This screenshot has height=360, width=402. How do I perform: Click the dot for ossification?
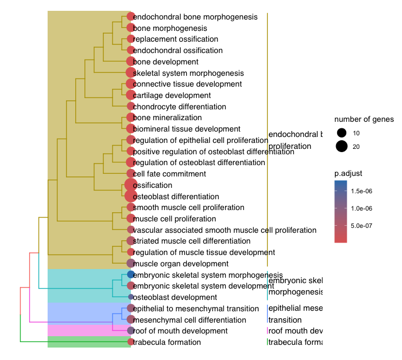click(x=130, y=185)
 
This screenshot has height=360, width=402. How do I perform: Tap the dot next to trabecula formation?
click(x=130, y=342)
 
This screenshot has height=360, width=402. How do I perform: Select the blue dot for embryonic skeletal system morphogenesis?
click(x=130, y=275)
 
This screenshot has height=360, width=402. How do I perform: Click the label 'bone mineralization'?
click(x=167, y=117)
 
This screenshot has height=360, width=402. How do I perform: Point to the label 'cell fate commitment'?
click(x=169, y=174)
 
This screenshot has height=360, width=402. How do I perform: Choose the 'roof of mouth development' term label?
click(x=180, y=331)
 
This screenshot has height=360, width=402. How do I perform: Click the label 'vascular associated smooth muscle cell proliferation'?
click(x=225, y=230)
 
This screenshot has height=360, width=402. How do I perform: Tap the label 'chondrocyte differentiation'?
click(x=180, y=107)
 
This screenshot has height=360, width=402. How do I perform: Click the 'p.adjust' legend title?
click(x=348, y=173)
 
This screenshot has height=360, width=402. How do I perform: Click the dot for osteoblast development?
click(x=130, y=297)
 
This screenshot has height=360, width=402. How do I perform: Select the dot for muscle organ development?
click(x=130, y=264)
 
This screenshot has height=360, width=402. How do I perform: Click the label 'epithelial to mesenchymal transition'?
click(x=196, y=309)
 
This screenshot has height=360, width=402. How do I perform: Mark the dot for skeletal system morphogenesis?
click(x=130, y=73)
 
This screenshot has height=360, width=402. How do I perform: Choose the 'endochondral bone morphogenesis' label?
click(x=195, y=17)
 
